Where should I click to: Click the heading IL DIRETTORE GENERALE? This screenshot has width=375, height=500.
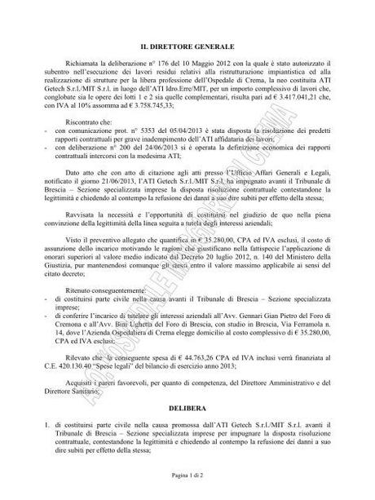point(187,50)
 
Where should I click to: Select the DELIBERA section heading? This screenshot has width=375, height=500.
point(187,403)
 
